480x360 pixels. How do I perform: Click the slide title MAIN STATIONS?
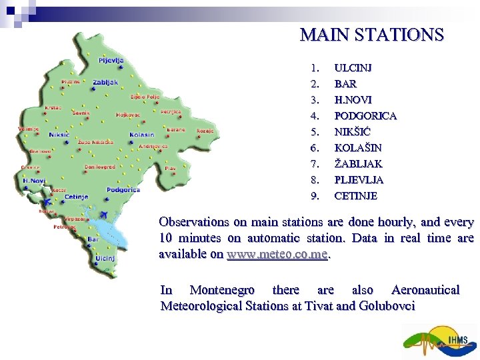(x=371, y=35)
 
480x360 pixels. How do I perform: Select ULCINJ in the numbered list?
(x=353, y=68)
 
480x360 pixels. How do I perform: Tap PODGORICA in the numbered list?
(x=365, y=116)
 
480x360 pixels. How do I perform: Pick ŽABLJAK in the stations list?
(x=358, y=164)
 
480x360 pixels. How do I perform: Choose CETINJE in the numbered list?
(x=355, y=196)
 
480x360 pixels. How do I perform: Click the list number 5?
(x=315, y=132)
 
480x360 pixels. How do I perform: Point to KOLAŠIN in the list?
(x=358, y=148)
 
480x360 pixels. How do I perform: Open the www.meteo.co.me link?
(x=277, y=255)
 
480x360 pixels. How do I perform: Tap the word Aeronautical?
(x=425, y=290)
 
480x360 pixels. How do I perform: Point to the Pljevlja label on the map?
(x=111, y=60)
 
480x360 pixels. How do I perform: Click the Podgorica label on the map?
(x=123, y=189)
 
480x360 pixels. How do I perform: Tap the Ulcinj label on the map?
(x=105, y=258)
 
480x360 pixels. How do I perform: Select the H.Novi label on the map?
(x=34, y=180)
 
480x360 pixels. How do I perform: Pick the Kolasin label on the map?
(x=142, y=134)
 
